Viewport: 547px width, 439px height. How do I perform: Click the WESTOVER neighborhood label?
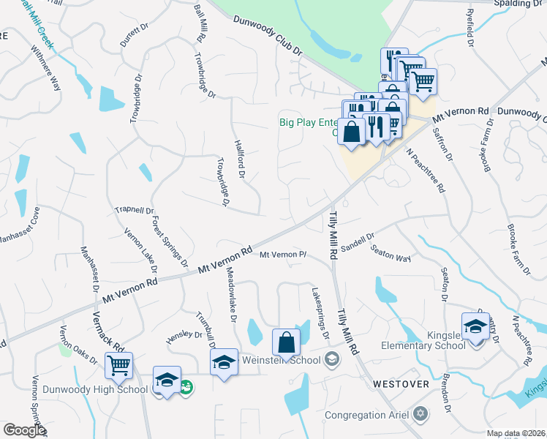[400, 383]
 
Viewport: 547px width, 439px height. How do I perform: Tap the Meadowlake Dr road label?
[230, 304]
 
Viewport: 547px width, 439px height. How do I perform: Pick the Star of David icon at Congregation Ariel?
[420, 415]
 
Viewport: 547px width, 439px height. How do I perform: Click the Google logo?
[24, 430]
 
